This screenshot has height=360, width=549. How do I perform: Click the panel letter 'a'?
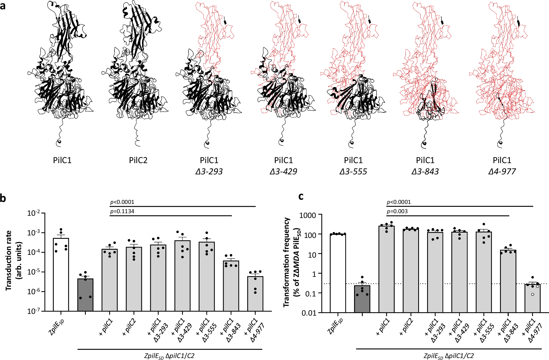[x=3, y=5]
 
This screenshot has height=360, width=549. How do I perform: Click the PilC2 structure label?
[x=138, y=160]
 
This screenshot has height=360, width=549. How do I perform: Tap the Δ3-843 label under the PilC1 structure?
[x=425, y=172]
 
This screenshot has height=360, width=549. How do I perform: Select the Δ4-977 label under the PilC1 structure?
[x=502, y=172]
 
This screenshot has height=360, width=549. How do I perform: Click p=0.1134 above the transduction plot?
[x=122, y=211]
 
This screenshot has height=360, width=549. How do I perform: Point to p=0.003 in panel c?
[x=397, y=211]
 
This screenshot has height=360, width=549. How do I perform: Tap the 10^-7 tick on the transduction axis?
[x=34, y=311]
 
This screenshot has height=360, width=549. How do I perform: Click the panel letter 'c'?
[x=301, y=196]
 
